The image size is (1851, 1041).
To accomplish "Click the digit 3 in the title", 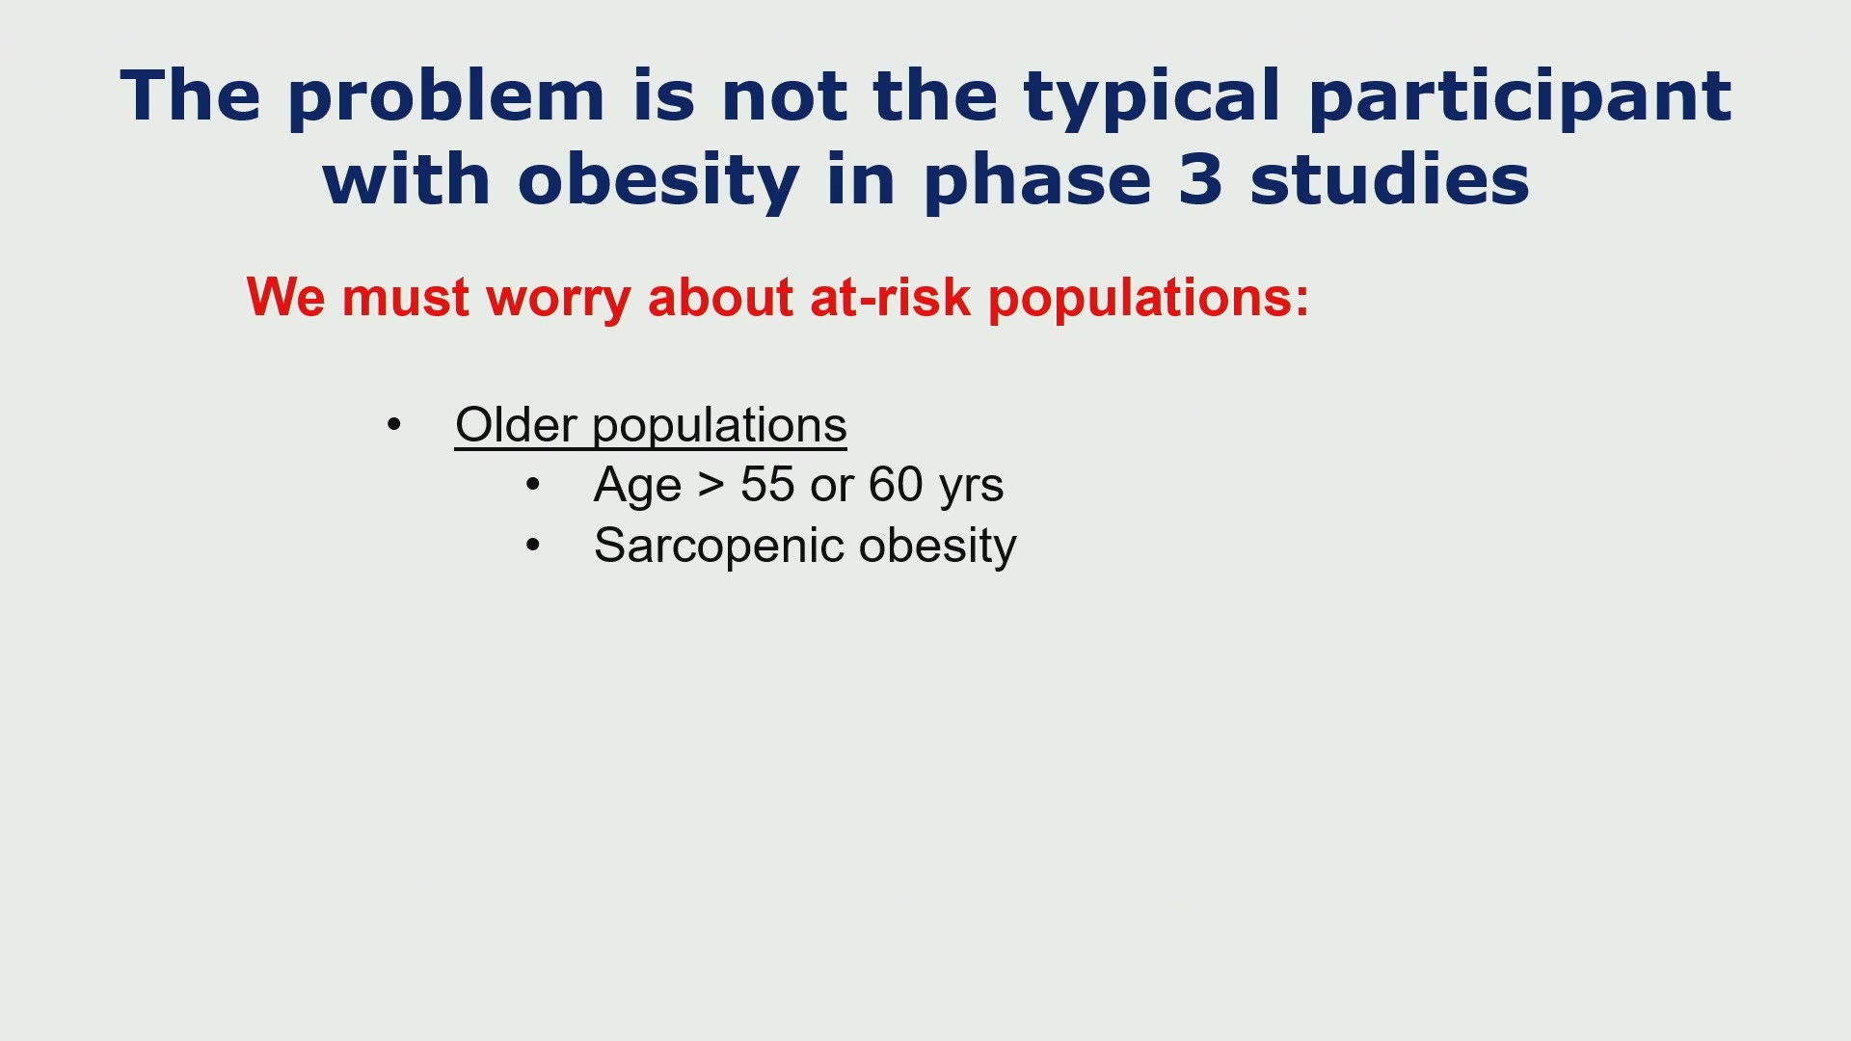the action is (x=1200, y=180).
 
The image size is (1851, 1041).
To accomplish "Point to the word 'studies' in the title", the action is (x=1389, y=179).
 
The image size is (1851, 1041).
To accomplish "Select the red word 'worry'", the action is (x=558, y=300).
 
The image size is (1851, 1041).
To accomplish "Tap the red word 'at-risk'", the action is (x=890, y=297).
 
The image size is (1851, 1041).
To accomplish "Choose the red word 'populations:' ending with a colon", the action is (x=1148, y=300).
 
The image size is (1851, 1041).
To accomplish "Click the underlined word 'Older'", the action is (x=516, y=425).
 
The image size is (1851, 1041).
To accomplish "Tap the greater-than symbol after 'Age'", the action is (x=711, y=485).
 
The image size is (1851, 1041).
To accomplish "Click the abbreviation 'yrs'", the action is (x=971, y=489).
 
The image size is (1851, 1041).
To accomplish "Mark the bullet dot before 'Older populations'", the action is (x=393, y=424).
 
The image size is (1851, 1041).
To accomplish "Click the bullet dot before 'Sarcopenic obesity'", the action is (x=533, y=545).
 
